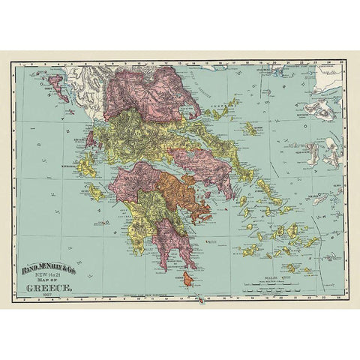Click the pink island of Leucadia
(x=91, y=140)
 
